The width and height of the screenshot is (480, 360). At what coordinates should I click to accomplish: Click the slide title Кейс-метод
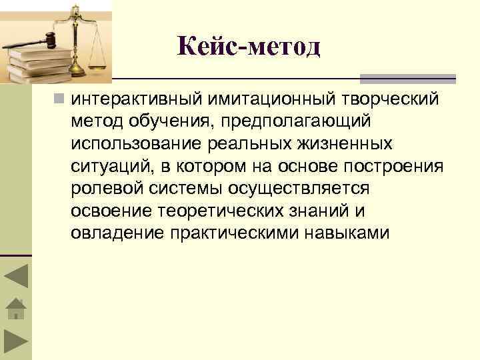pyautogui.click(x=249, y=47)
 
